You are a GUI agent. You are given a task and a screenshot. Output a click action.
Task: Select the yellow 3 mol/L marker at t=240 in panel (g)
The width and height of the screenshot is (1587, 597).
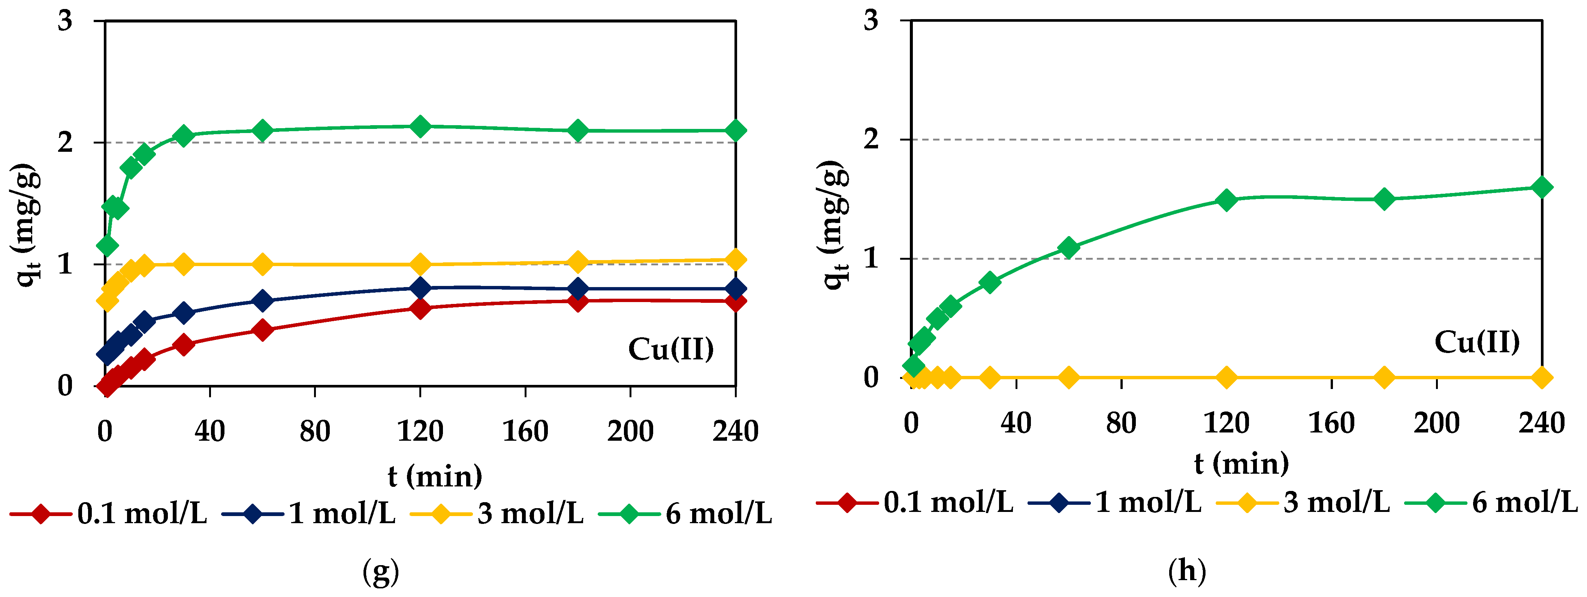pyautogui.click(x=736, y=260)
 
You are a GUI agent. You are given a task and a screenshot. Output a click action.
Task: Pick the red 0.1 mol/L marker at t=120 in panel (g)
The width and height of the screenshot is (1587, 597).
pyautogui.click(x=420, y=307)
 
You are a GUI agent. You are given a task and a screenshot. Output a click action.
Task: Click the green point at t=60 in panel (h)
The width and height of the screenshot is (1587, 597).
pyautogui.click(x=1069, y=248)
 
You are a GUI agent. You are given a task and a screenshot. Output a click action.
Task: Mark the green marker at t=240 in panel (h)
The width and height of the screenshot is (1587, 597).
pyautogui.click(x=1542, y=187)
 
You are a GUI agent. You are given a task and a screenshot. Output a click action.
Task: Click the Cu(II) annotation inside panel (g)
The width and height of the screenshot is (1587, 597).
pyautogui.click(x=671, y=349)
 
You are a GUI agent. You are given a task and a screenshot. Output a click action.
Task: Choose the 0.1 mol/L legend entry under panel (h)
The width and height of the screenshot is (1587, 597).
pyautogui.click(x=915, y=503)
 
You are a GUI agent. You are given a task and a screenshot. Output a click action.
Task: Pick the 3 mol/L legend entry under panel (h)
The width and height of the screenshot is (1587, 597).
pyautogui.click(x=1304, y=503)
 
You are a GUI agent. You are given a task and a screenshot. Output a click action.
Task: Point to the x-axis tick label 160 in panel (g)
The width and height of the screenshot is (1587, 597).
pyautogui.click(x=525, y=431)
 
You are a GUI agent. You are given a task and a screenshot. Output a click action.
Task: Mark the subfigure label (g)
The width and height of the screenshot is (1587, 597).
pyautogui.click(x=381, y=572)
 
